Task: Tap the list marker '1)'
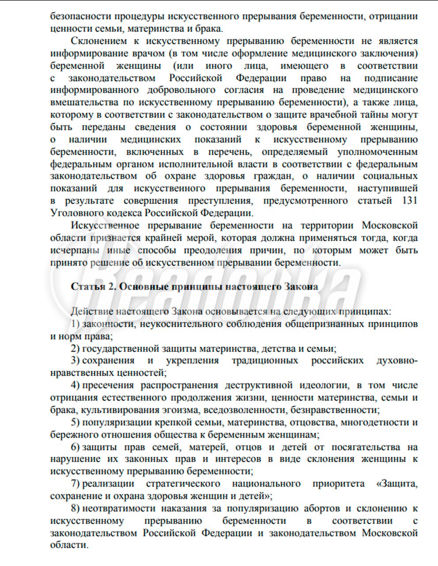pos(75,324)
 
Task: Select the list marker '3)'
pos(75,360)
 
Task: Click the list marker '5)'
pos(75,422)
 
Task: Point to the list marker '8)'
pos(75,508)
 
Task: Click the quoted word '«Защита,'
pos(396,483)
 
